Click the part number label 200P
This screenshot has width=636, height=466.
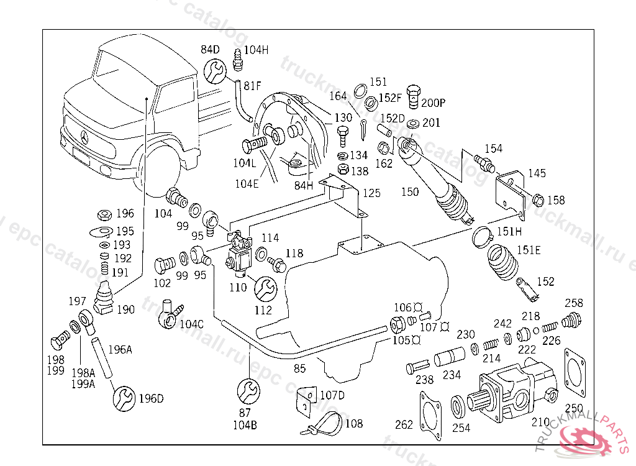click(x=434, y=103)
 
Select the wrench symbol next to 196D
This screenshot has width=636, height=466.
click(x=124, y=397)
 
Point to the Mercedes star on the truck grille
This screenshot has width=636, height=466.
click(x=84, y=137)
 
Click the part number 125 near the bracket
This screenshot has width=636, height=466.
click(x=371, y=193)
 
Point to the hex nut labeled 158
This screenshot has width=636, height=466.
click(x=538, y=200)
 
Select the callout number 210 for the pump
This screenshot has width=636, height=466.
click(x=540, y=423)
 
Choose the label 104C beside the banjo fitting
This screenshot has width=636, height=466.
click(x=191, y=324)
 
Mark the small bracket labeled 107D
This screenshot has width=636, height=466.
click(x=305, y=400)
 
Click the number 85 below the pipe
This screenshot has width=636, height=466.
click(x=300, y=368)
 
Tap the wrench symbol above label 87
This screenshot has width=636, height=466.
click(x=249, y=391)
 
